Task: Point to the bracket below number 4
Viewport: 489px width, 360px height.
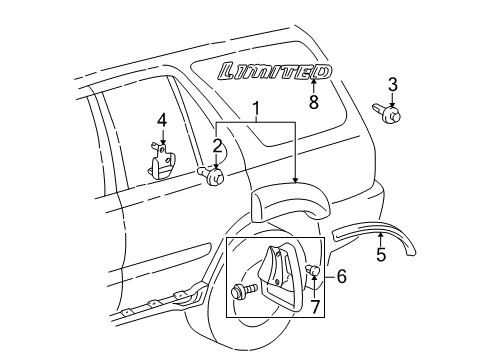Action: coord(161,161)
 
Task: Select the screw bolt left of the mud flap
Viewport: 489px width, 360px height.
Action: coord(243,294)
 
